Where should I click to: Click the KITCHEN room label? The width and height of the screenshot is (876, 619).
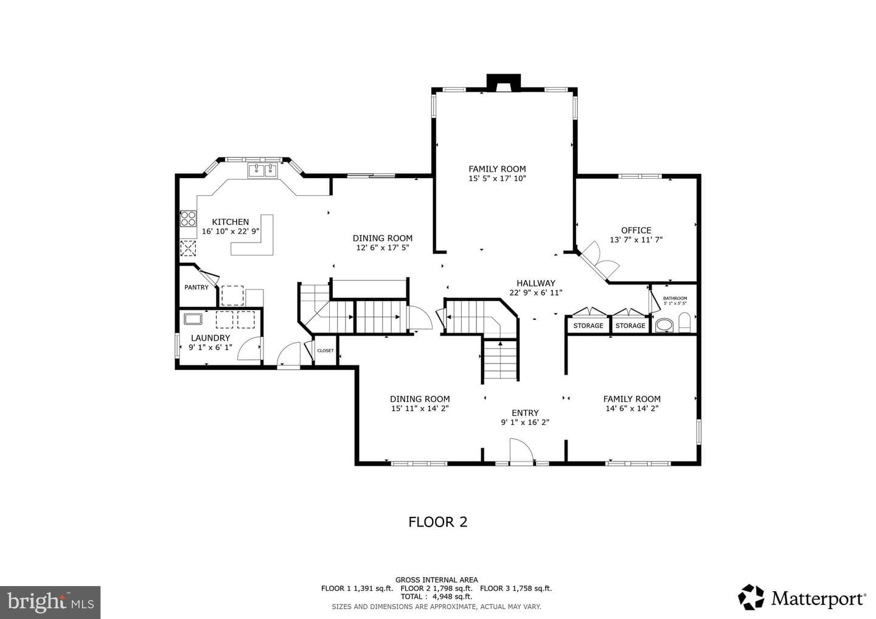tap(231, 222)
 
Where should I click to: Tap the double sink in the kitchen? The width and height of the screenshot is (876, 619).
tap(262, 171)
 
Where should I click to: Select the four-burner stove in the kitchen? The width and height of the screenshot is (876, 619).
tap(188, 218)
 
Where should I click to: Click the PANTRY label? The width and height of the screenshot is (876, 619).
tap(196, 287)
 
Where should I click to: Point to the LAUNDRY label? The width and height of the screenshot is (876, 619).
tap(210, 338)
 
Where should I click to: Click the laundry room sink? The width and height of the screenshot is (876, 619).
tap(193, 319)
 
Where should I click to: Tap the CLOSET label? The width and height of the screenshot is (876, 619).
tap(325, 350)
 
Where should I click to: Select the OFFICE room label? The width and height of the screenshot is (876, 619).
tap(636, 230)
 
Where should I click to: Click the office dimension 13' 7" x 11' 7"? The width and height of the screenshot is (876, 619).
tap(636, 240)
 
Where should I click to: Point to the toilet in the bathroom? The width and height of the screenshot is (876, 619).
tap(684, 322)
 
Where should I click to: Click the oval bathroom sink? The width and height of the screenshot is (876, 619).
tap(664, 325)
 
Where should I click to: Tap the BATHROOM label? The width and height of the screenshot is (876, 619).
tap(675, 299)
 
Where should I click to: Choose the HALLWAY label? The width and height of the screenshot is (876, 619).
tap(536, 283)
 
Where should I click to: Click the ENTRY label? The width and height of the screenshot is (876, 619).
tap(525, 413)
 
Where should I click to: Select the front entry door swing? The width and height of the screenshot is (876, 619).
tap(522, 451)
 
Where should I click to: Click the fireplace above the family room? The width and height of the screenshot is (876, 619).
tap(504, 83)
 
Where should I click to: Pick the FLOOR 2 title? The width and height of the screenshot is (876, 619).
tap(438, 522)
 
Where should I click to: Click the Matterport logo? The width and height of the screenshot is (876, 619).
tap(802, 598)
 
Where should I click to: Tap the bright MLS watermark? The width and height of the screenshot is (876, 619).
tap(50, 602)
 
